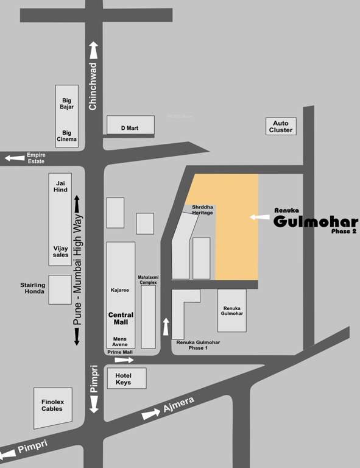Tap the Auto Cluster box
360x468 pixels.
pos(281,126)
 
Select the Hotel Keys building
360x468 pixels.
pos(127,378)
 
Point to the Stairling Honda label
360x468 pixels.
pos(32,288)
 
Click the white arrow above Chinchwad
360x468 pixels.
pos(93,51)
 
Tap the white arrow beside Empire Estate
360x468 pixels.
pos(14,158)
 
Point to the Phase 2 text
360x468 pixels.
pos(344,232)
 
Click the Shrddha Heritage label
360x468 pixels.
pos(202,210)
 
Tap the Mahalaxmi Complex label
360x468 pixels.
pos(148,280)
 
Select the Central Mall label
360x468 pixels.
pos(121,319)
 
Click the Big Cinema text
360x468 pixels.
pos(66,136)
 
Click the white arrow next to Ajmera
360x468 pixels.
pos(151,415)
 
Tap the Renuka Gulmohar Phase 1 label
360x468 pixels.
pos(198,345)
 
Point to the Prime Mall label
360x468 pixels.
pos(119,352)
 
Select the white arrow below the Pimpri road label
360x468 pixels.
pos(93,403)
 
